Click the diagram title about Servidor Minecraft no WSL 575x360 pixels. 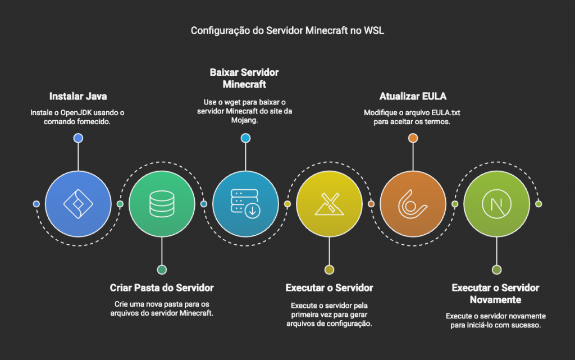pyautogui.click(x=287, y=30)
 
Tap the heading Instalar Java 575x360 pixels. pyautogui.click(x=77, y=96)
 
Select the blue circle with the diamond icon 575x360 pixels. pyautogui.click(x=78, y=204)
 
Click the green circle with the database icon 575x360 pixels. pyautogui.click(x=162, y=204)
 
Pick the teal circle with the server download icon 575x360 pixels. pyautogui.click(x=245, y=204)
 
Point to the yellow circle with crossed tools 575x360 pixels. pyautogui.click(x=329, y=204)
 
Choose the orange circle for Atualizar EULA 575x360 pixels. pyautogui.click(x=413, y=204)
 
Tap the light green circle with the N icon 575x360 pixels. pyautogui.click(x=496, y=204)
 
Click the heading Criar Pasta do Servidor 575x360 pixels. pyautogui.click(x=162, y=288)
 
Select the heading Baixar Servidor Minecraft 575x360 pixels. pyautogui.click(x=244, y=79)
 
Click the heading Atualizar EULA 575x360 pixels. pyautogui.click(x=412, y=96)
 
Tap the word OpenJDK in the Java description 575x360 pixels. pyautogui.click(x=75, y=113)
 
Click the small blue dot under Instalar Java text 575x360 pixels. pyautogui.click(x=78, y=138)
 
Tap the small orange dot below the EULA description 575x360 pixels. pyautogui.click(x=413, y=138)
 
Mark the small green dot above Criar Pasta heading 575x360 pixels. pyautogui.click(x=162, y=270)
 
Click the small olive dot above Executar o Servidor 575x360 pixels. pyautogui.click(x=329, y=270)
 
